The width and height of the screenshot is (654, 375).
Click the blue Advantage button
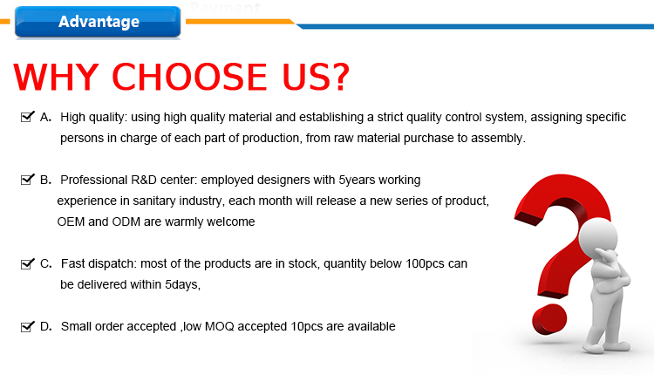(x=98, y=22)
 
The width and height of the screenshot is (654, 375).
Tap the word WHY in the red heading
(x=57, y=77)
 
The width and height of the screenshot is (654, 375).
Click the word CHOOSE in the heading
(x=189, y=77)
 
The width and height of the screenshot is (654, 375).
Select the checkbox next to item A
(x=28, y=117)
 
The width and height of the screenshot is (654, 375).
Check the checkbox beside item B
(x=28, y=180)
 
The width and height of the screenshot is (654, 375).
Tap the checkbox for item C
(x=28, y=263)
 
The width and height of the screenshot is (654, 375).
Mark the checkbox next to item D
(x=28, y=326)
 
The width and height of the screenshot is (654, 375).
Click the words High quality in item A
(x=92, y=118)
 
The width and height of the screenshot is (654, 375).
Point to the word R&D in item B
(x=144, y=180)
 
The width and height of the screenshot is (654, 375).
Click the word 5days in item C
(x=182, y=285)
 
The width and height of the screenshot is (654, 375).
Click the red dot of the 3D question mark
(x=549, y=319)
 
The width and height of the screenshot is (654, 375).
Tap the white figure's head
(x=598, y=235)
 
